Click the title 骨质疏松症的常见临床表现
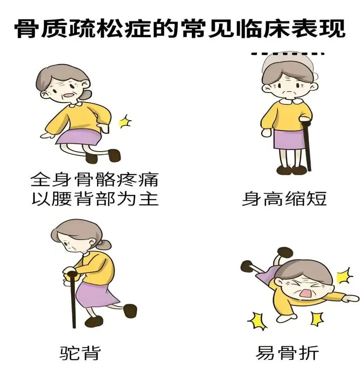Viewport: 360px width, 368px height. point(180,28)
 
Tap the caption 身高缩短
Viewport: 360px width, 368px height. point(284,199)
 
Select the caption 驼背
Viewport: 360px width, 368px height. point(80,353)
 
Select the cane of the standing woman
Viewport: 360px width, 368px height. point(306,145)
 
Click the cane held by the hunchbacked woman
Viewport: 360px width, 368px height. point(73,299)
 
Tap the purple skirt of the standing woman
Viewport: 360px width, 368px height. point(288,139)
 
